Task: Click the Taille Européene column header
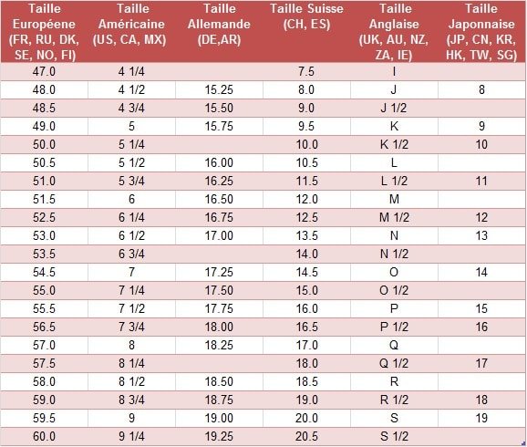click(x=44, y=32)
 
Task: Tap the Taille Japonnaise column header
click(x=481, y=32)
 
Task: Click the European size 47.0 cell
click(x=44, y=72)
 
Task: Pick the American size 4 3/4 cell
click(x=131, y=108)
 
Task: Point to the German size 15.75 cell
click(x=219, y=126)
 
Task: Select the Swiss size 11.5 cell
click(x=307, y=181)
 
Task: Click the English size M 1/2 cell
click(x=394, y=217)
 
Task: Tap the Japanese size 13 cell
click(x=481, y=235)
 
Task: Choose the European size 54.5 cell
click(x=44, y=272)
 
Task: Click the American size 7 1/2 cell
click(x=131, y=308)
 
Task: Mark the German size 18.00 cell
click(x=219, y=327)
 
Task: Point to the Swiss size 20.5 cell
click(x=307, y=436)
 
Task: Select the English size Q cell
click(x=394, y=345)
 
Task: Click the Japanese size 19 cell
click(x=481, y=418)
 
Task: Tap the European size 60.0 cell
click(x=44, y=436)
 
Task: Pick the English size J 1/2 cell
click(x=394, y=108)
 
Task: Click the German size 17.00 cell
click(x=219, y=235)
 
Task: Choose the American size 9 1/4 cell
click(x=131, y=436)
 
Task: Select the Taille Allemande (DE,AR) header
click(x=219, y=24)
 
